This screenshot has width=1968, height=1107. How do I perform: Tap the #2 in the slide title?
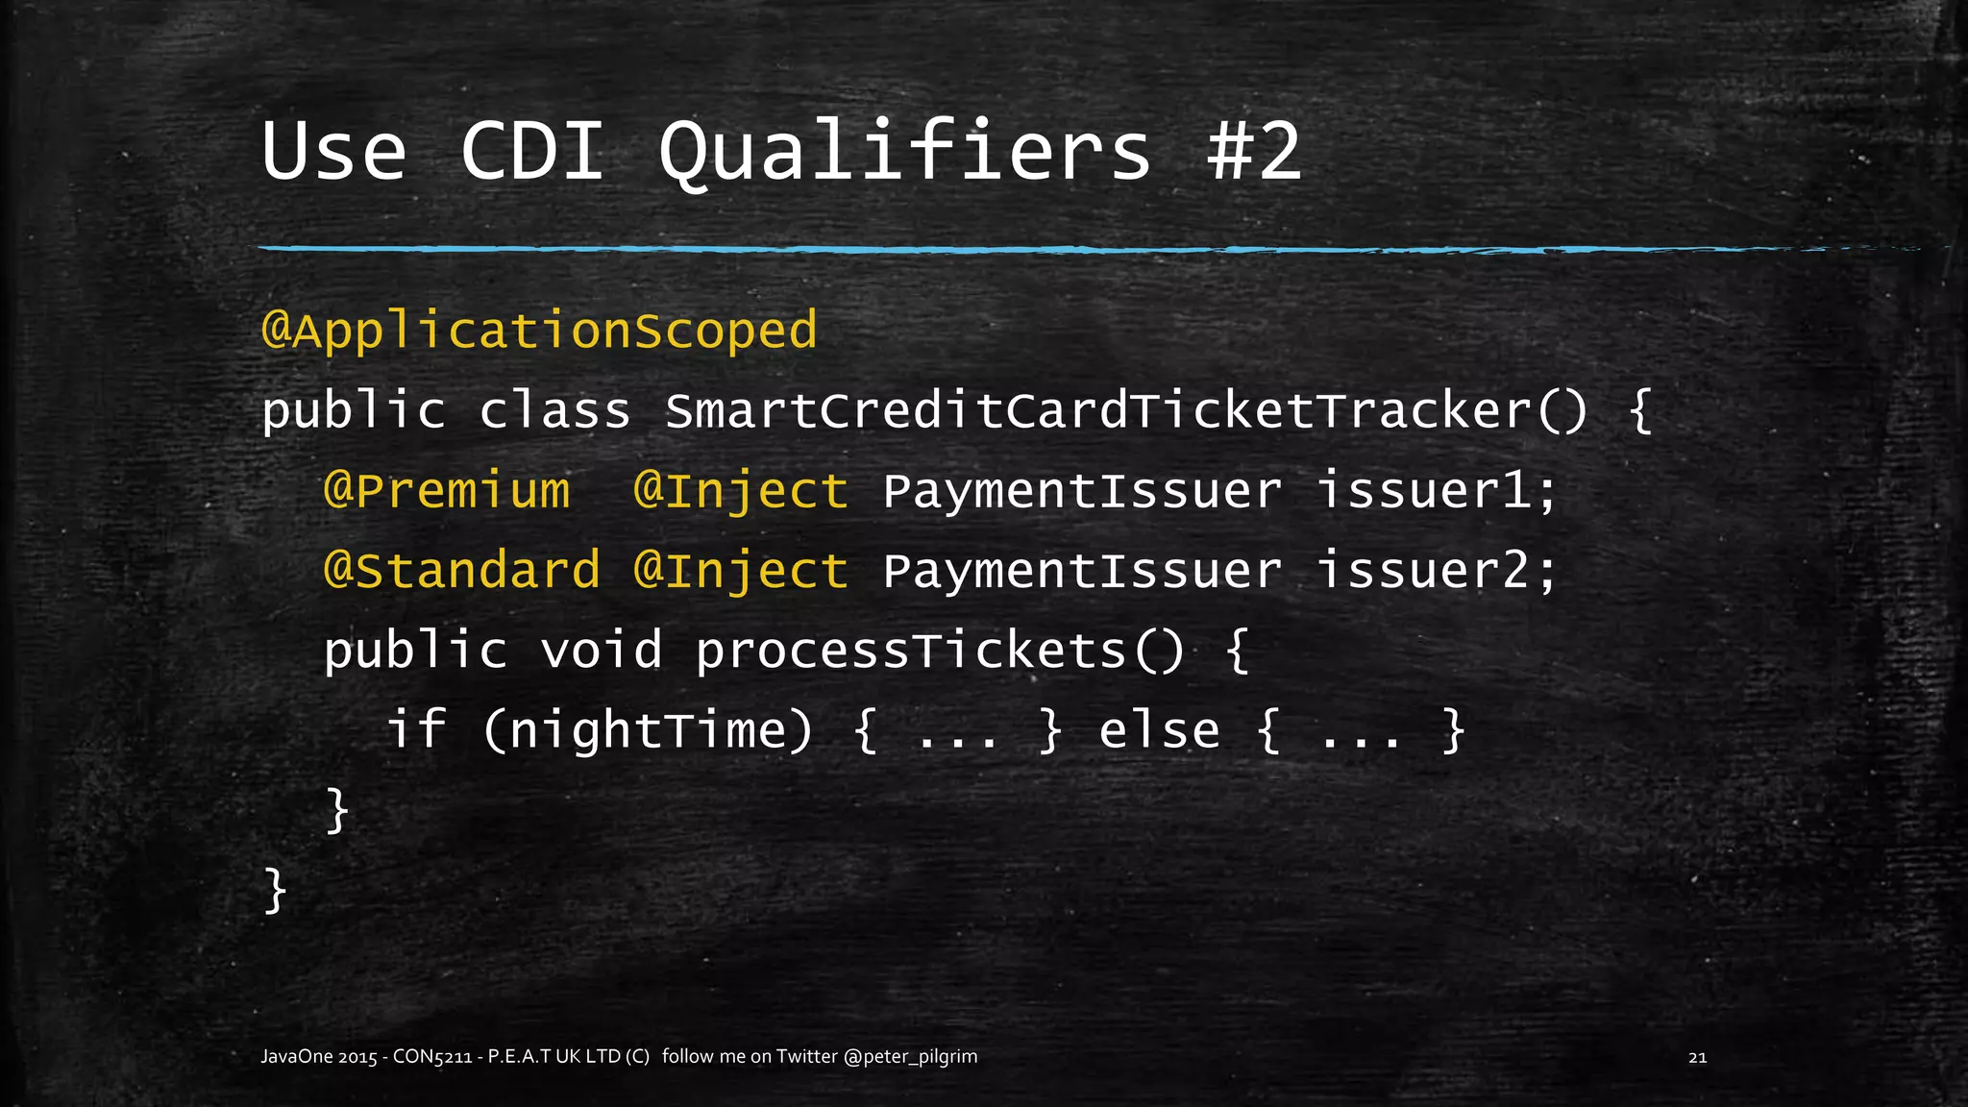pos(1254,152)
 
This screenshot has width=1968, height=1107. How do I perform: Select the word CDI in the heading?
pos(532,152)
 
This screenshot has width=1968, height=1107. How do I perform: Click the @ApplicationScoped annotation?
pos(539,332)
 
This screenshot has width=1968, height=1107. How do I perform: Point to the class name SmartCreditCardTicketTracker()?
pos(1126,411)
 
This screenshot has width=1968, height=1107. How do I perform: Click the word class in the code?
pos(554,411)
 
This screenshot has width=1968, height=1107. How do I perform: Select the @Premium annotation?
pos(447,491)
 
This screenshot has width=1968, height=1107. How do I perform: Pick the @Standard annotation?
pos(462,571)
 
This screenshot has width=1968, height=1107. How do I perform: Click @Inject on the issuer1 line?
pos(741,491)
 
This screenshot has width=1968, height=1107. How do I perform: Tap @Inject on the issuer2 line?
pos(741,571)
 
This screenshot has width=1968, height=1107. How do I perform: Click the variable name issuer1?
pos(1436,491)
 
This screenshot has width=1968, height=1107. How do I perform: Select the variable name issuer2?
pos(1436,571)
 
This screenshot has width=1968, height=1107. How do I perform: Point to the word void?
pos(602,651)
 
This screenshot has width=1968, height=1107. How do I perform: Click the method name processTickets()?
pos(941,651)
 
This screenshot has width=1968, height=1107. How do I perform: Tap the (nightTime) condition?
pos(648,730)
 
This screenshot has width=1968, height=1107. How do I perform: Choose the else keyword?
pos(1159,730)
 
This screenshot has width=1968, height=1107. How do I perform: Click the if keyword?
pos(416,730)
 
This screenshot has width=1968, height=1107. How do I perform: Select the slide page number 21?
pos(1697,1057)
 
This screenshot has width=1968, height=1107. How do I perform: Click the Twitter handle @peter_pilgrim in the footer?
pos(910,1057)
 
